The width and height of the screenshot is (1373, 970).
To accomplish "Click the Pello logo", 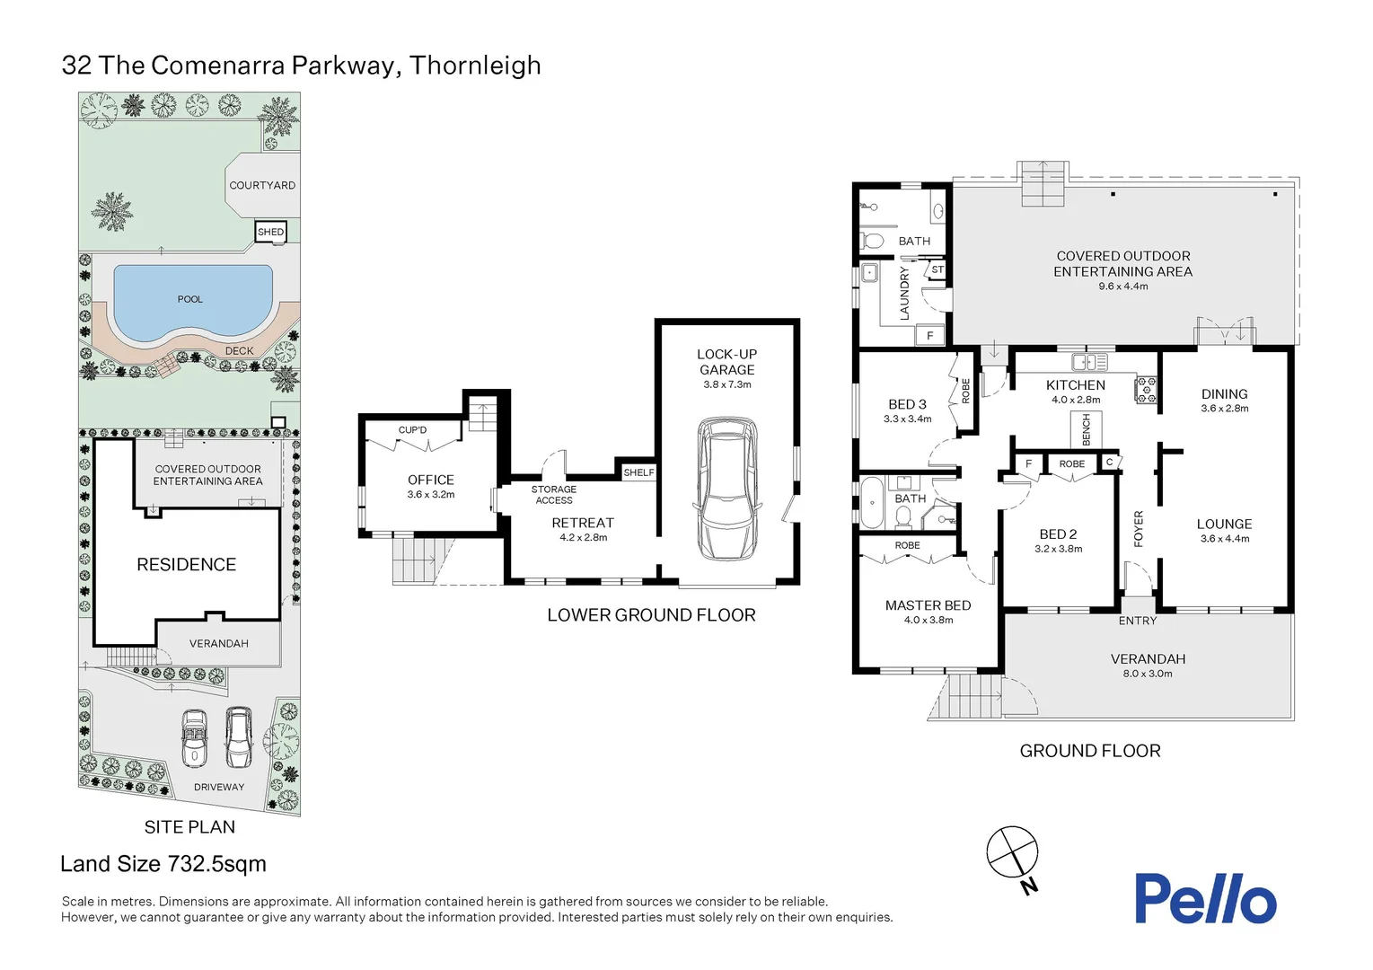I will [x=1204, y=899].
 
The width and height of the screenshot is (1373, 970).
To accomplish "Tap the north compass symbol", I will [x=1012, y=852].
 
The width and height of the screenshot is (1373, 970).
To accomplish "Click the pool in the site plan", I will [x=190, y=300].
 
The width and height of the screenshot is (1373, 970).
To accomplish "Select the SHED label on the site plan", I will [x=270, y=232].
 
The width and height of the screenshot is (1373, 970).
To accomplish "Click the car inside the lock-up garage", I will [x=726, y=489].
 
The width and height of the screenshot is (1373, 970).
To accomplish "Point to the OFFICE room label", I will [x=431, y=481].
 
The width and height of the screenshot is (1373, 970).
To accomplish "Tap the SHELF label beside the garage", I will [x=638, y=472].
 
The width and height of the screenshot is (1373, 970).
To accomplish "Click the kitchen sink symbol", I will [x=1089, y=362].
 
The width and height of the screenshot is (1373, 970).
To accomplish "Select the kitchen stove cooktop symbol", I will [x=1147, y=390].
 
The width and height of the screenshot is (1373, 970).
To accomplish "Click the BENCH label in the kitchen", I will [x=1086, y=429].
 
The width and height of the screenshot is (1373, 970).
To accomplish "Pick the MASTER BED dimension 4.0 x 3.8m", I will [x=929, y=620].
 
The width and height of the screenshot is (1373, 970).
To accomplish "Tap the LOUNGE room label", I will [x=1224, y=524].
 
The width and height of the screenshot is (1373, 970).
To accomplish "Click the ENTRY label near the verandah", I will [x=1137, y=621].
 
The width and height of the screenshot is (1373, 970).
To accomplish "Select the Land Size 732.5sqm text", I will [x=163, y=864].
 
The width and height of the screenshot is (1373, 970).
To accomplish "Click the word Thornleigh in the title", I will [x=475, y=66].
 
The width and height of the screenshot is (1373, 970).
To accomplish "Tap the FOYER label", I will [x=1139, y=529].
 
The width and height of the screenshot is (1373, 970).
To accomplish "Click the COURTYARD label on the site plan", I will [x=262, y=185].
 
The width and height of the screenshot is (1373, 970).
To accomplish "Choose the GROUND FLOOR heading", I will [x=1089, y=751].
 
